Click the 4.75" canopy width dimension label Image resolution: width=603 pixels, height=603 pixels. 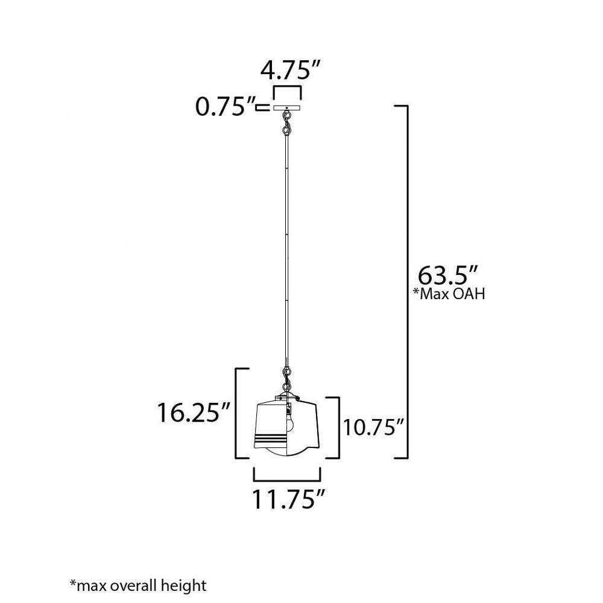[x=291, y=71]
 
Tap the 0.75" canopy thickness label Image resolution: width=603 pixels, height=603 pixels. [x=226, y=107]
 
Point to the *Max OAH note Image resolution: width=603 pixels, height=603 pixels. [x=449, y=294]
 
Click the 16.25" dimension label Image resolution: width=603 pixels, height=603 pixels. [x=194, y=412]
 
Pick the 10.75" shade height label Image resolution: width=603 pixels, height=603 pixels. [x=373, y=428]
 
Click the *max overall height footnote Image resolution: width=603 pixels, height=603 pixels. [x=138, y=586]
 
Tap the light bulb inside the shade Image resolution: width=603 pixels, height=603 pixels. [x=291, y=422]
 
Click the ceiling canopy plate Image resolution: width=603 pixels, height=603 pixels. [x=287, y=108]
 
